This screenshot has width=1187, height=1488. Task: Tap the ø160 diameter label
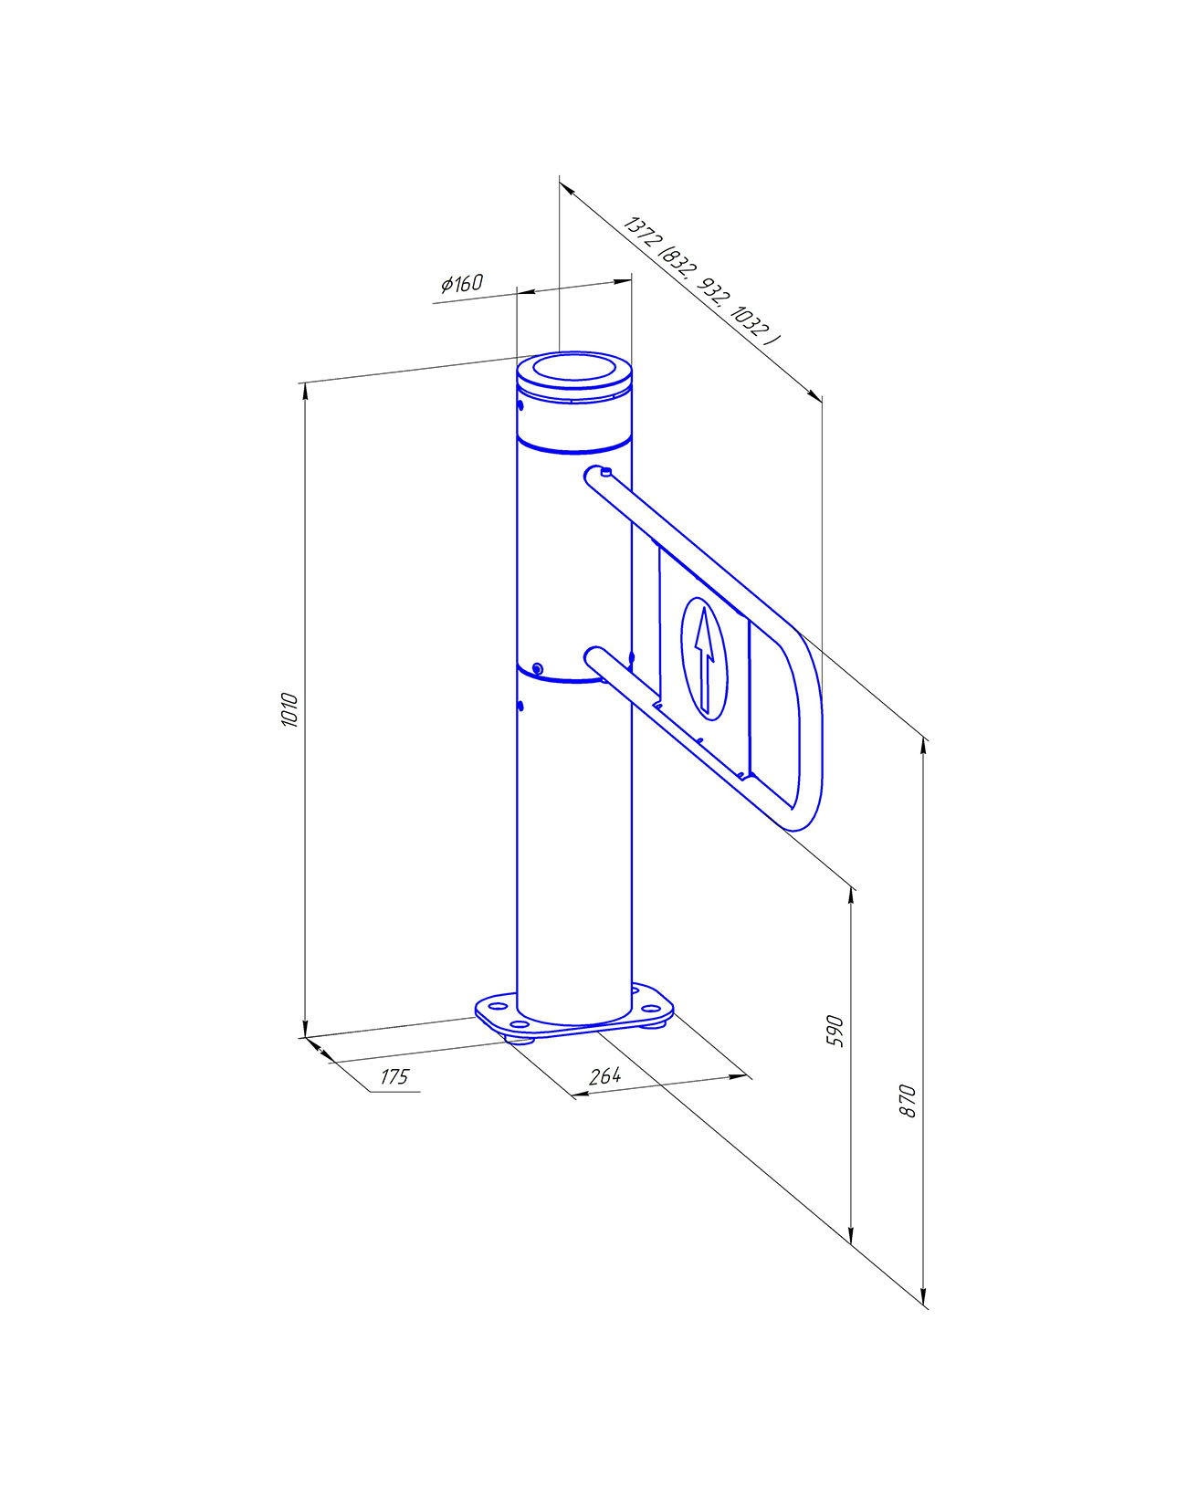coord(462,283)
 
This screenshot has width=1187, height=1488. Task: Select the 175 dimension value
coord(394,1076)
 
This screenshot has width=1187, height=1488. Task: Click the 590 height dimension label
coord(835,1031)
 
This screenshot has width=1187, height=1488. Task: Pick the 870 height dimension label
coord(908,1101)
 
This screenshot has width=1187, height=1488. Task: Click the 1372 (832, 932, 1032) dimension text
coord(701,281)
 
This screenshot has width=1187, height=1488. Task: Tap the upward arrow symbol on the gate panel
coord(704,657)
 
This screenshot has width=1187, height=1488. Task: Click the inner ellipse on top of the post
coord(575,368)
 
